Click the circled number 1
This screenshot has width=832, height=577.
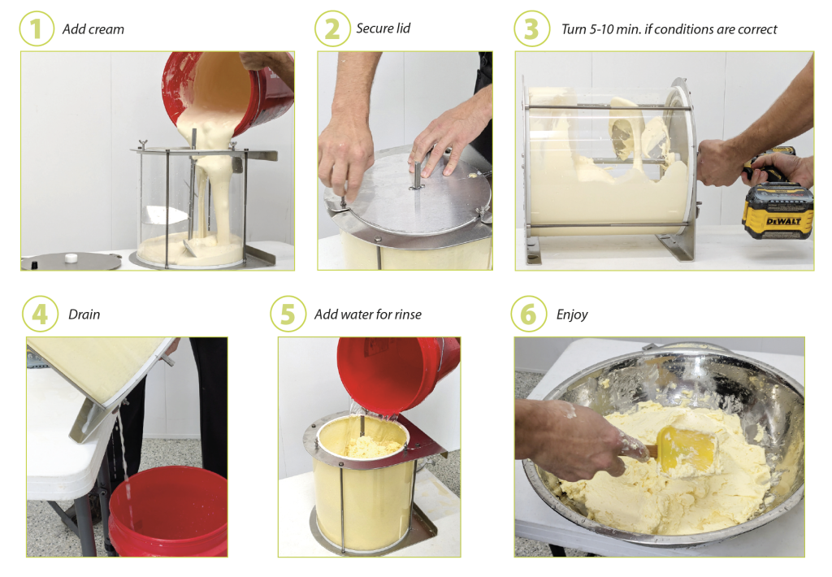coord(37,28)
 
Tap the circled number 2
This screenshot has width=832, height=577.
coord(332,28)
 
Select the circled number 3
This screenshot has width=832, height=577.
coord(531,28)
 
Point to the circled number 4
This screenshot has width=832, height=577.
coord(41,314)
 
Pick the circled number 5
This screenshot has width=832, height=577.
coord(288,314)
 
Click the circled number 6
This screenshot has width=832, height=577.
coord(528,314)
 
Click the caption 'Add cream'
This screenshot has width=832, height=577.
coord(93,29)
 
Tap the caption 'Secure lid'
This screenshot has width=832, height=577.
coord(383,28)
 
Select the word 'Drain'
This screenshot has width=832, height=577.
coord(84,315)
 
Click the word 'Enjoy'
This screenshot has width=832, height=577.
coord(572,315)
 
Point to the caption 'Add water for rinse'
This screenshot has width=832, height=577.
coord(368,315)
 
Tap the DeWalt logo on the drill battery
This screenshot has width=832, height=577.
coord(784,220)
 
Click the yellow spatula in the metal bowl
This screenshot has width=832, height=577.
coord(687,449)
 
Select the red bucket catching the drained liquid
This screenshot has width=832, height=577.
coord(167,512)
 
